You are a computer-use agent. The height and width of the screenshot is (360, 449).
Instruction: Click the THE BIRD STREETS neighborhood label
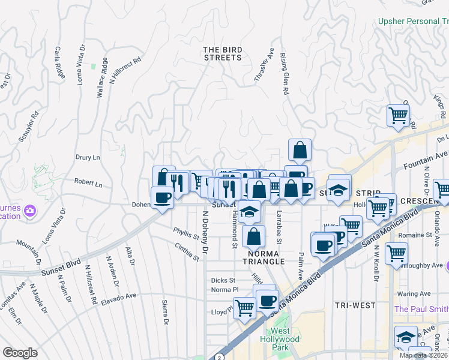tap(222, 53)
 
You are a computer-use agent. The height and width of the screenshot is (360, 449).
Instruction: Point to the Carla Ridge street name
tap(59, 62)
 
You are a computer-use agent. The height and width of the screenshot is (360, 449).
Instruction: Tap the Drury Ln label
tap(88, 157)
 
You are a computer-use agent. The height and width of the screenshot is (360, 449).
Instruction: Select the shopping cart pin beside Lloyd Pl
tap(244, 308)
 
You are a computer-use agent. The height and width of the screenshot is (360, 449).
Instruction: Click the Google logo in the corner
tap(20, 352)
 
